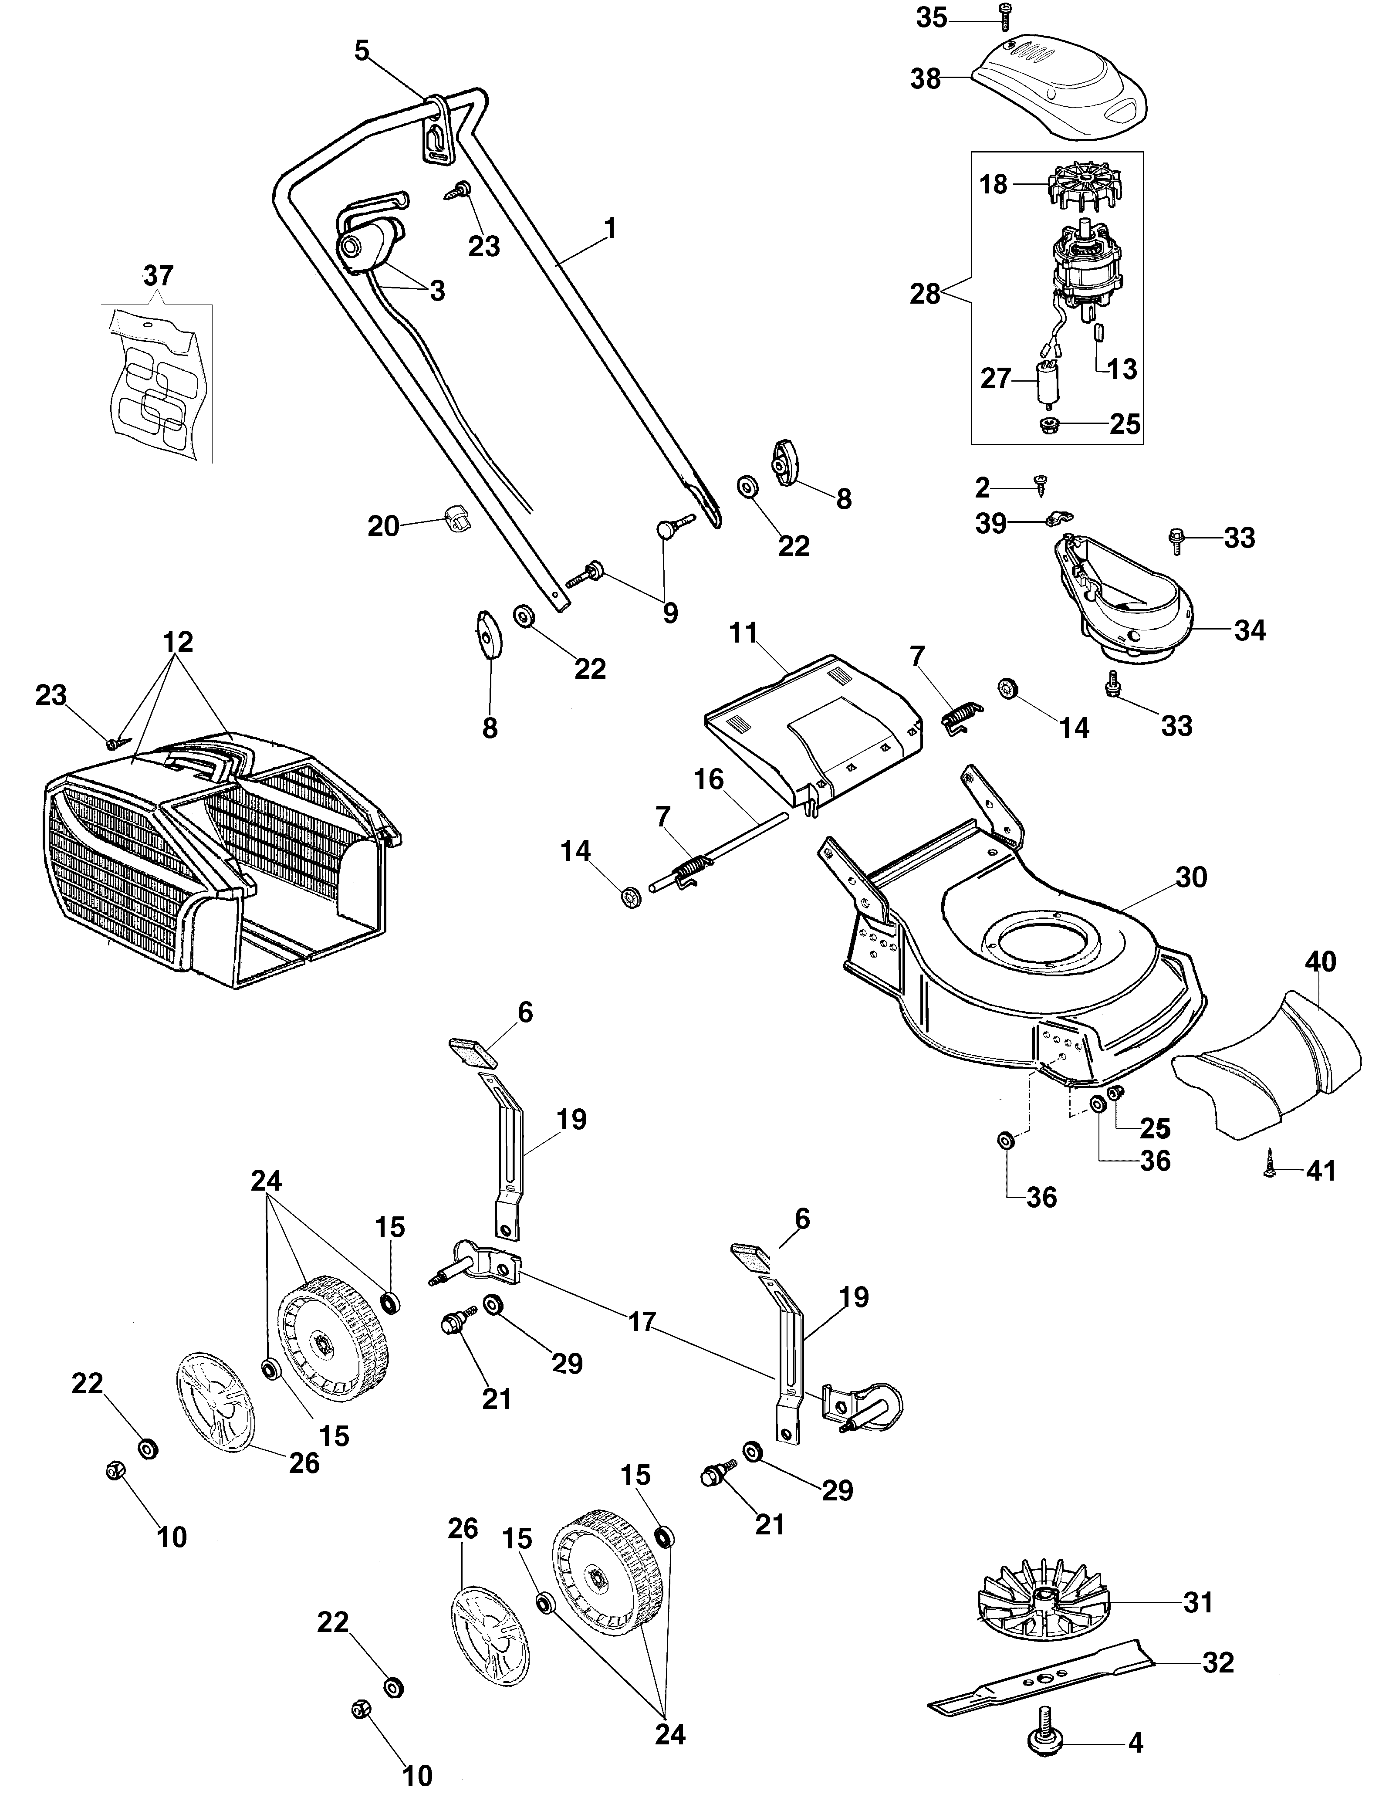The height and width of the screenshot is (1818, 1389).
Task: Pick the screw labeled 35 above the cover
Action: coord(1005,17)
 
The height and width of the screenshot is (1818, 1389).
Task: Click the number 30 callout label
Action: coord(1191,877)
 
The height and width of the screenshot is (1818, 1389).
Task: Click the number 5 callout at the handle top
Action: coord(362,51)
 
